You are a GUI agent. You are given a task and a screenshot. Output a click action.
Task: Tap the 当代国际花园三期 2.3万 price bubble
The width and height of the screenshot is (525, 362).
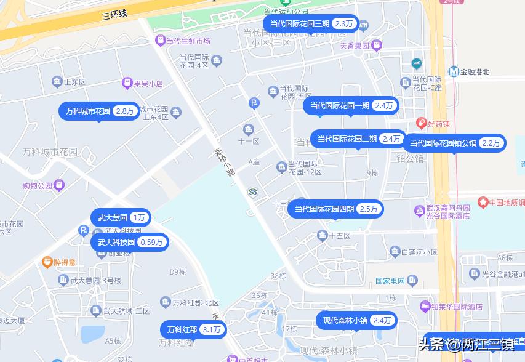point(310,24)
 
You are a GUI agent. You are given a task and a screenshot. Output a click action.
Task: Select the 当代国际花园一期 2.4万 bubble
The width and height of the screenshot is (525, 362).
point(351,106)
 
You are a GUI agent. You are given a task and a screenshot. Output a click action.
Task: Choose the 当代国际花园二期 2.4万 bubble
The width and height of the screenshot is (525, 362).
point(358,139)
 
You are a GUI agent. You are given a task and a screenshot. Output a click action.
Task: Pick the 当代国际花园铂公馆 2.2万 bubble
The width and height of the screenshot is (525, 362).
point(454,143)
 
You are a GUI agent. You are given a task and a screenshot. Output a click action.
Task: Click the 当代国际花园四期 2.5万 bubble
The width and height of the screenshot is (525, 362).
point(335,209)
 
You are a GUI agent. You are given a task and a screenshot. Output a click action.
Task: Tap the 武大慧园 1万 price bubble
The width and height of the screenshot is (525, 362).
point(121,218)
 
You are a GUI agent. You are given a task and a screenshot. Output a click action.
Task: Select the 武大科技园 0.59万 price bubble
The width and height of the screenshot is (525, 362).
point(129,243)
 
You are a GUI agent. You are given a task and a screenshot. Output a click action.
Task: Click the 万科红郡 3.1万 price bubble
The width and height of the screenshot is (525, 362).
point(193,330)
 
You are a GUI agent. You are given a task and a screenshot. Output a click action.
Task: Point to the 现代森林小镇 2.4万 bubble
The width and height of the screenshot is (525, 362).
point(356,321)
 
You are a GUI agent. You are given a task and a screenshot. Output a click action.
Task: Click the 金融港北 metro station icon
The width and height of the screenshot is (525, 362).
point(454,71)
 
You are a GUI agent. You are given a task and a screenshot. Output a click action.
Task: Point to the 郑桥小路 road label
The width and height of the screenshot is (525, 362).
point(225,161)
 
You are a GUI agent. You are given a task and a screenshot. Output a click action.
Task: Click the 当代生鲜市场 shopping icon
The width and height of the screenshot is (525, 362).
point(159,41)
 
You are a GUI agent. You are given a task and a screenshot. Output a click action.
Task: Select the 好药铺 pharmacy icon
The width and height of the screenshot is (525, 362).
point(422,123)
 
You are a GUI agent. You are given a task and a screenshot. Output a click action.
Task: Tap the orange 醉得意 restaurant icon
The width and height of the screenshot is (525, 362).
point(47,262)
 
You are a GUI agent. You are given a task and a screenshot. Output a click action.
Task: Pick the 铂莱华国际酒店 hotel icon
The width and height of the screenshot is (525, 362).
point(425,307)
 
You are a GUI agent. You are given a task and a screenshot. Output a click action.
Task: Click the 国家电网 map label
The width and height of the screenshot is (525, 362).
point(390,282)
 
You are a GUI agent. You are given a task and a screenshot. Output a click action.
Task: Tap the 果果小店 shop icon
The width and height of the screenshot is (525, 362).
point(127,82)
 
